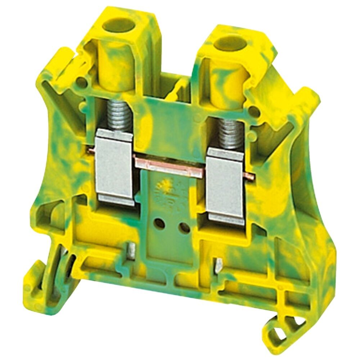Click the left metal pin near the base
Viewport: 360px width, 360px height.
[x=133, y=249]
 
